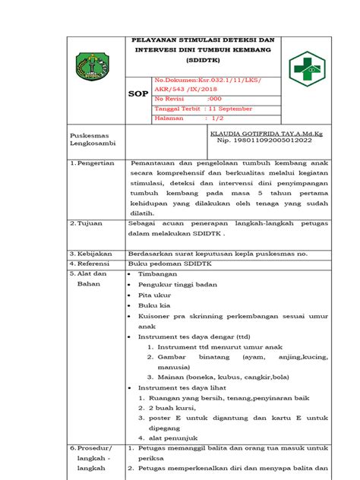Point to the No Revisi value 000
coord(214,98)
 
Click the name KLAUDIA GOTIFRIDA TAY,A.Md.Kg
coord(261,133)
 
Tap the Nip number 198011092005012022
coord(264,141)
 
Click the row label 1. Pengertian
coord(91,163)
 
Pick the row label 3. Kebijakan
coord(90,253)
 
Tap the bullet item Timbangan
coord(157,273)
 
